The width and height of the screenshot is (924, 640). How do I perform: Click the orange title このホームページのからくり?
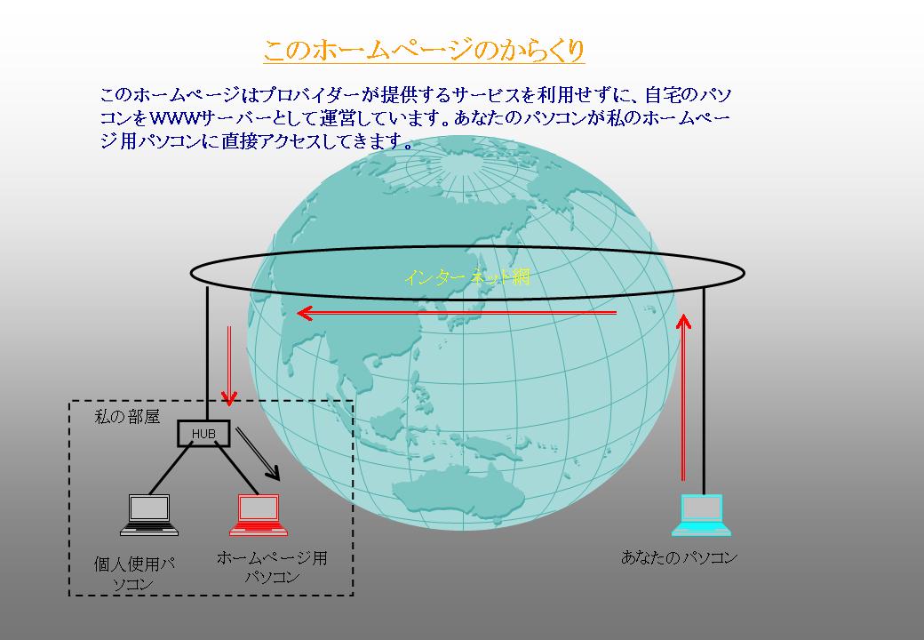tap(424, 50)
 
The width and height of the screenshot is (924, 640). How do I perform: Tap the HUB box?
tap(203, 433)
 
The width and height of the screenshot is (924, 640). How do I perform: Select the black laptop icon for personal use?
tap(149, 515)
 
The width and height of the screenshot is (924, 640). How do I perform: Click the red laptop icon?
tap(259, 515)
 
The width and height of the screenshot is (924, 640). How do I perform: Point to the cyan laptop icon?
tap(701, 515)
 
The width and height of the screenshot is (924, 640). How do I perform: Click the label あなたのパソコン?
tap(679, 557)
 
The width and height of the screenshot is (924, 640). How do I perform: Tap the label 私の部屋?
tap(127, 417)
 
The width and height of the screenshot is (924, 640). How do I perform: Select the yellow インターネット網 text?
tap(467, 277)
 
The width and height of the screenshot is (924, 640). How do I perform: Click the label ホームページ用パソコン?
tap(272, 567)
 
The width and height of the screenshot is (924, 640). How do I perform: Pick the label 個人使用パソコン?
tap(134, 573)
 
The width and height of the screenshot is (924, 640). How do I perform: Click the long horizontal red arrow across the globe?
tap(457, 313)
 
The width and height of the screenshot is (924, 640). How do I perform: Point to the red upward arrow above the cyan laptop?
tap(683, 398)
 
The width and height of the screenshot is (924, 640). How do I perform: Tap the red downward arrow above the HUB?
tap(228, 366)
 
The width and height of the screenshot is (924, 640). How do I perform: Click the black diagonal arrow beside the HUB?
tap(258, 453)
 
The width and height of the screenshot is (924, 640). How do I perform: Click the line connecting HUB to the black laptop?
tap(171, 469)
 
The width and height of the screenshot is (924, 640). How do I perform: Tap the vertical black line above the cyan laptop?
tap(704, 391)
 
